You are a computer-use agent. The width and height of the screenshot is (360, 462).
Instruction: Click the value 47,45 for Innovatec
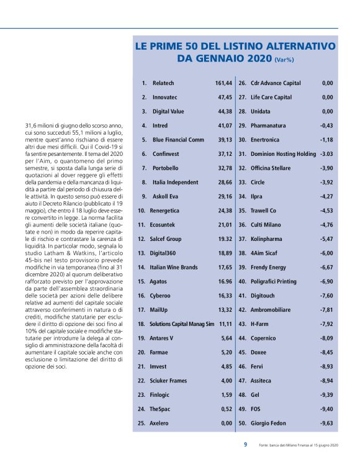(225, 97)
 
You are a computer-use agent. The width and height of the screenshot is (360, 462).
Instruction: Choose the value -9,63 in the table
(326, 423)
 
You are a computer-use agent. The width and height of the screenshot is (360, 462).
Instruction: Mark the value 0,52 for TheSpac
(227, 409)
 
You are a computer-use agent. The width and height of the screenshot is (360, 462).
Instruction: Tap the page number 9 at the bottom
(245, 444)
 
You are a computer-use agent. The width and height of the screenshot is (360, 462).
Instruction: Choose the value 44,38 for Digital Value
(225, 111)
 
